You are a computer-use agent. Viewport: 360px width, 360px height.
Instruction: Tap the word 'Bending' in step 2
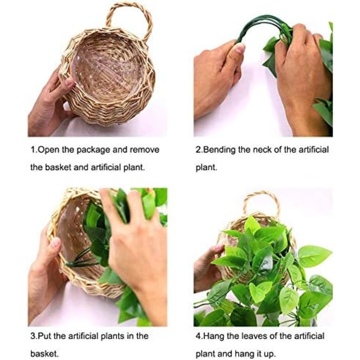219,150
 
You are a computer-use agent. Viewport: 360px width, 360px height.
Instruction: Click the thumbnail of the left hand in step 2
240,48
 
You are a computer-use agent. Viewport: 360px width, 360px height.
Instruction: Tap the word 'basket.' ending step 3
45,354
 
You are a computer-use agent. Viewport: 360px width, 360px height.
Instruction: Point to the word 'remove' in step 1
145,150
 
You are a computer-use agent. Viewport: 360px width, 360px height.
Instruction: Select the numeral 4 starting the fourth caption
198,336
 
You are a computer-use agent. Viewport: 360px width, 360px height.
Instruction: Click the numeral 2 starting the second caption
198,150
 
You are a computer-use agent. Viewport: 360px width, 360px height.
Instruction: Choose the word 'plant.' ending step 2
206,167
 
